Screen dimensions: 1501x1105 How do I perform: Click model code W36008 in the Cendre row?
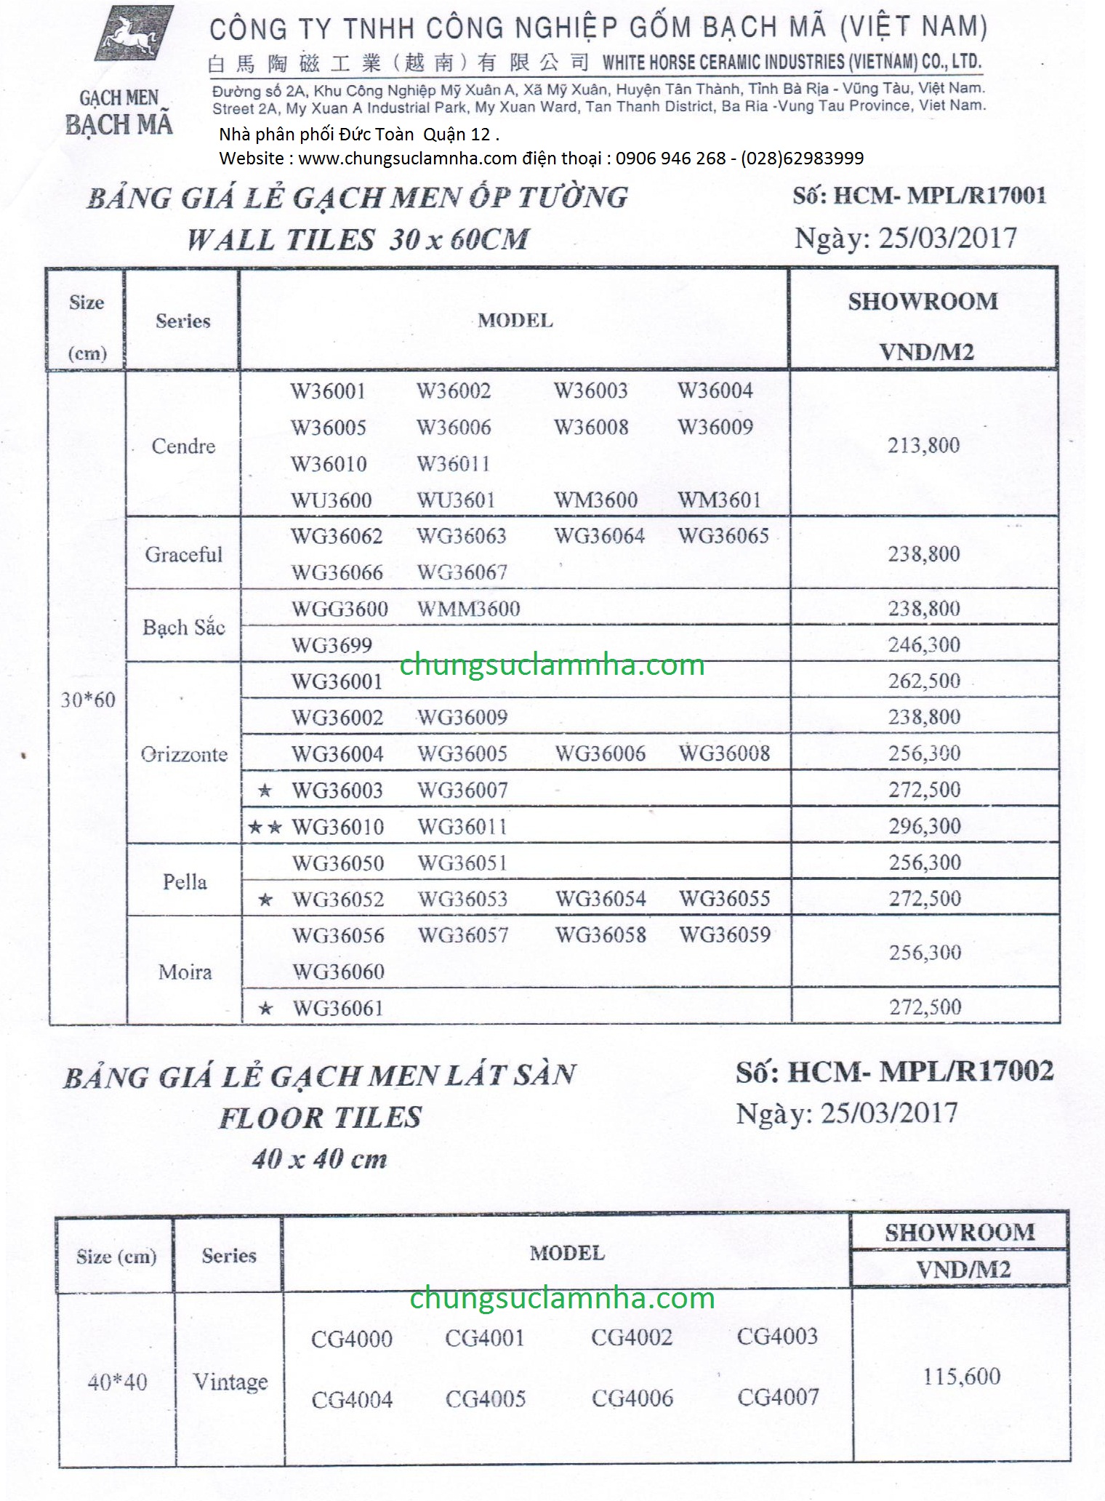point(591,427)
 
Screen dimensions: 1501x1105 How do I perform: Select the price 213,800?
point(923,445)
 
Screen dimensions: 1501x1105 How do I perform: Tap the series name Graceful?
point(183,555)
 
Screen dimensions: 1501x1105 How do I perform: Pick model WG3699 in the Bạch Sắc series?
point(331,645)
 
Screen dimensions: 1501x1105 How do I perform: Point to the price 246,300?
point(924,644)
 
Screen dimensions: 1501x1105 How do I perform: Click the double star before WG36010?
point(265,827)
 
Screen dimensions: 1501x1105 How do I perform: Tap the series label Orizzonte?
point(184,754)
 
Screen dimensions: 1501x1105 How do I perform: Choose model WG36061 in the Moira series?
point(337,1008)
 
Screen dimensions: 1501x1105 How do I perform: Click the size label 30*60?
point(88,700)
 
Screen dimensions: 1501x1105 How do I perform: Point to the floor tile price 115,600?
point(961,1376)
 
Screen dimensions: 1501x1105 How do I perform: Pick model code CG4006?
point(632,1398)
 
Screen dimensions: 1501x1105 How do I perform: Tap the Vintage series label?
point(230,1381)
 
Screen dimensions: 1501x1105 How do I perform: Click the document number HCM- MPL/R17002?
point(920,1071)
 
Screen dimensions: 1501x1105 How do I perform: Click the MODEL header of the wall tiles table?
point(515,321)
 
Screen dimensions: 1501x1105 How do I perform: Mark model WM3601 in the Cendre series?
point(719,500)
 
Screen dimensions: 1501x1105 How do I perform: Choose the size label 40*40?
point(117,1381)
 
